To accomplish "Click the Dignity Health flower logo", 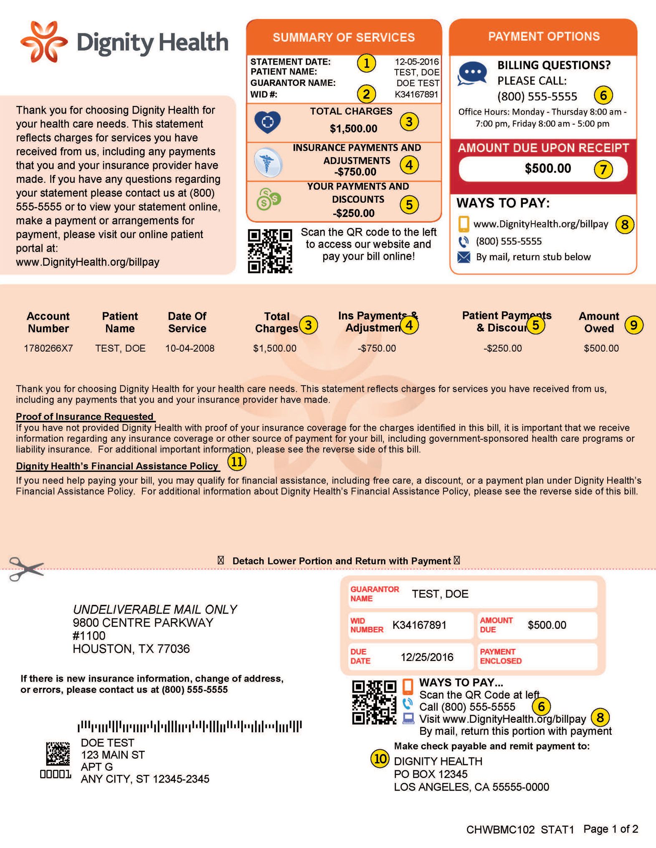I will coord(44,42).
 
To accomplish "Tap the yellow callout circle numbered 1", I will coord(366,63).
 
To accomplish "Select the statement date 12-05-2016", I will coord(416,62).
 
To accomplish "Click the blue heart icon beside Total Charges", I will coord(267,122).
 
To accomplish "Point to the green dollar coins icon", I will coord(268,199).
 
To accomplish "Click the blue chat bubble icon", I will coord(472,73).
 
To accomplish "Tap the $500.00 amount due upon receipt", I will coord(547,169).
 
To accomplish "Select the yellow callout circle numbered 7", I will coord(603,169).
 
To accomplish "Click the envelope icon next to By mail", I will coord(464,257).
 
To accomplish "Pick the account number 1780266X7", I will coord(48,348).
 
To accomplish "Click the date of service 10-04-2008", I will coord(190,348).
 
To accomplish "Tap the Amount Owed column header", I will coord(599,322).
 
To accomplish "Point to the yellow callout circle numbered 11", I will coord(237,461).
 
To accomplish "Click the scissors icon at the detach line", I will coord(26,569).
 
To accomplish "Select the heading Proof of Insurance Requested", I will coord(85,416).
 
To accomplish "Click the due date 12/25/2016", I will coord(427,657).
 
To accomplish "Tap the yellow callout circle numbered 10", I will coord(380,758).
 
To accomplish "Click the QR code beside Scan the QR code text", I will coord(270,251).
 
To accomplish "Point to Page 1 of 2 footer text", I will coord(610,829).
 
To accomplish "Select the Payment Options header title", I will coord(544,37).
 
